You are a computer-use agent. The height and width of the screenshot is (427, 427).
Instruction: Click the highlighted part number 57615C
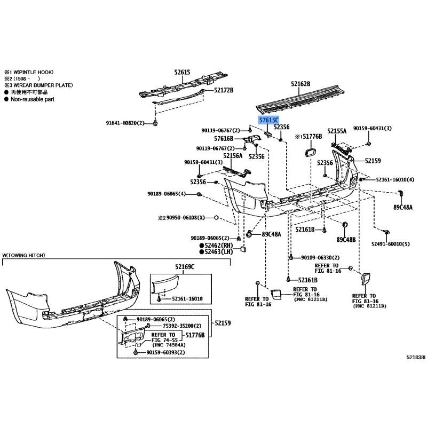pyautogui.click(x=268, y=120)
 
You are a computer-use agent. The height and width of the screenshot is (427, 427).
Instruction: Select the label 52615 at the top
pyautogui.click(x=182, y=72)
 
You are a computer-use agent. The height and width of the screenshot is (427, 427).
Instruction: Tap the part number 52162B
pyautogui.click(x=301, y=84)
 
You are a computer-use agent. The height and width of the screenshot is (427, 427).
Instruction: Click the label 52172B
pyautogui.click(x=224, y=90)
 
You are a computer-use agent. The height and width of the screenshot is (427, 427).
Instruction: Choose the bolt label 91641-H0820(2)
pyautogui.click(x=125, y=123)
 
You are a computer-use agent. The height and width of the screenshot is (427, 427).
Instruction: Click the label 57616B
pyautogui.click(x=224, y=139)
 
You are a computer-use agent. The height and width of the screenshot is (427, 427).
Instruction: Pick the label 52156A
pyautogui.click(x=233, y=155)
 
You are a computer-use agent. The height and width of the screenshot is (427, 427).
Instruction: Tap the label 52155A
pyautogui.click(x=337, y=131)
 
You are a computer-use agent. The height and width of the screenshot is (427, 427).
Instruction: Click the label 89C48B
pyautogui.click(x=346, y=240)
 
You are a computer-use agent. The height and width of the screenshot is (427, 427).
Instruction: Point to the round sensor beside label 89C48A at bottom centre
pyautogui.click(x=249, y=234)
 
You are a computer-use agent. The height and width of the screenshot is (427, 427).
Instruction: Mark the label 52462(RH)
pyautogui.click(x=219, y=246)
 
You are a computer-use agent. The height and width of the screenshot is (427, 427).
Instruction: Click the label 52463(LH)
pyautogui.click(x=219, y=251)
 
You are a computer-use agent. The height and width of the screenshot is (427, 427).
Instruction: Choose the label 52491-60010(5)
pyautogui.click(x=391, y=244)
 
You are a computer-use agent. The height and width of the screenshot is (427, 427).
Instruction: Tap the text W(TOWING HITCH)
pyautogui.click(x=23, y=256)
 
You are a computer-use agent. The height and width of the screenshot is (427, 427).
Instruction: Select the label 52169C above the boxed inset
pyautogui.click(x=185, y=266)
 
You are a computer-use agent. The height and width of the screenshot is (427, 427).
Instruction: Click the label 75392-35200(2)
pyautogui.click(x=182, y=326)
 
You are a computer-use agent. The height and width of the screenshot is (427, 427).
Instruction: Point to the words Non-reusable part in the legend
pyautogui.click(x=33, y=99)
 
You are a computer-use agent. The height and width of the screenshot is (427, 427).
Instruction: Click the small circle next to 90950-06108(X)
pyautogui.click(x=216, y=218)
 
